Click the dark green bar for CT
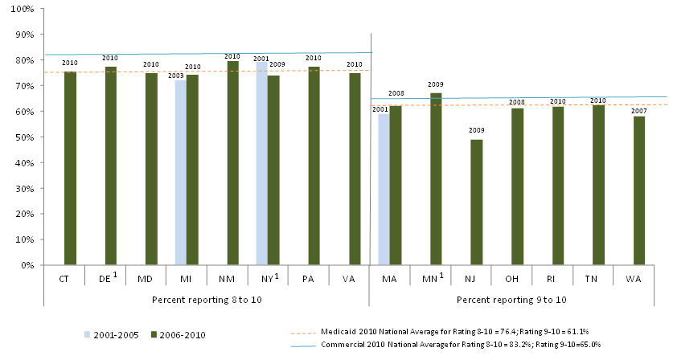[70, 168]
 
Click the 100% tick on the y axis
[22, 9]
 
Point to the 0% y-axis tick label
[27, 265]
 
